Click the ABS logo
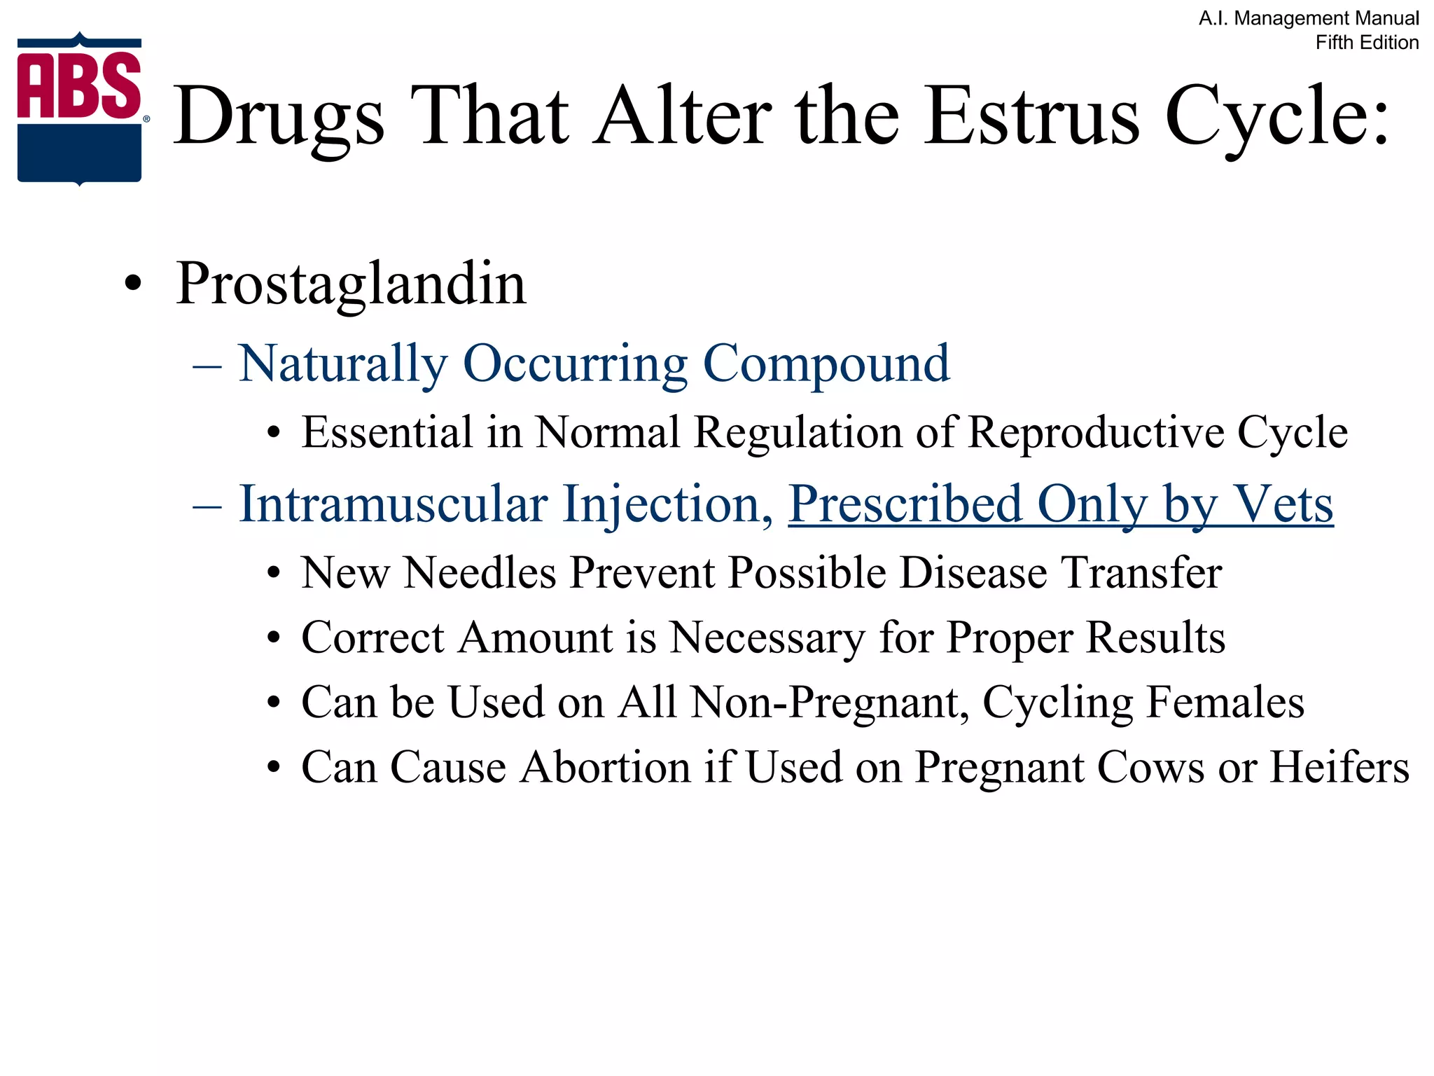pyautogui.click(x=80, y=109)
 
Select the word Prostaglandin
pyautogui.click(x=351, y=284)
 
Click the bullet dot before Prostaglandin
pyautogui.click(x=132, y=285)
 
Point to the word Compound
pyautogui.click(x=826, y=364)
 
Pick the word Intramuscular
pyautogui.click(x=394, y=504)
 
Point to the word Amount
pyautogui.click(x=537, y=637)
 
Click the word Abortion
pyautogui.click(x=606, y=767)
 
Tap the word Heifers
pyautogui.click(x=1339, y=767)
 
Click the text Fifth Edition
pyautogui.click(x=1367, y=43)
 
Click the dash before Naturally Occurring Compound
pyautogui.click(x=207, y=365)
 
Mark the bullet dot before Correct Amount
pyautogui.click(x=274, y=639)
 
